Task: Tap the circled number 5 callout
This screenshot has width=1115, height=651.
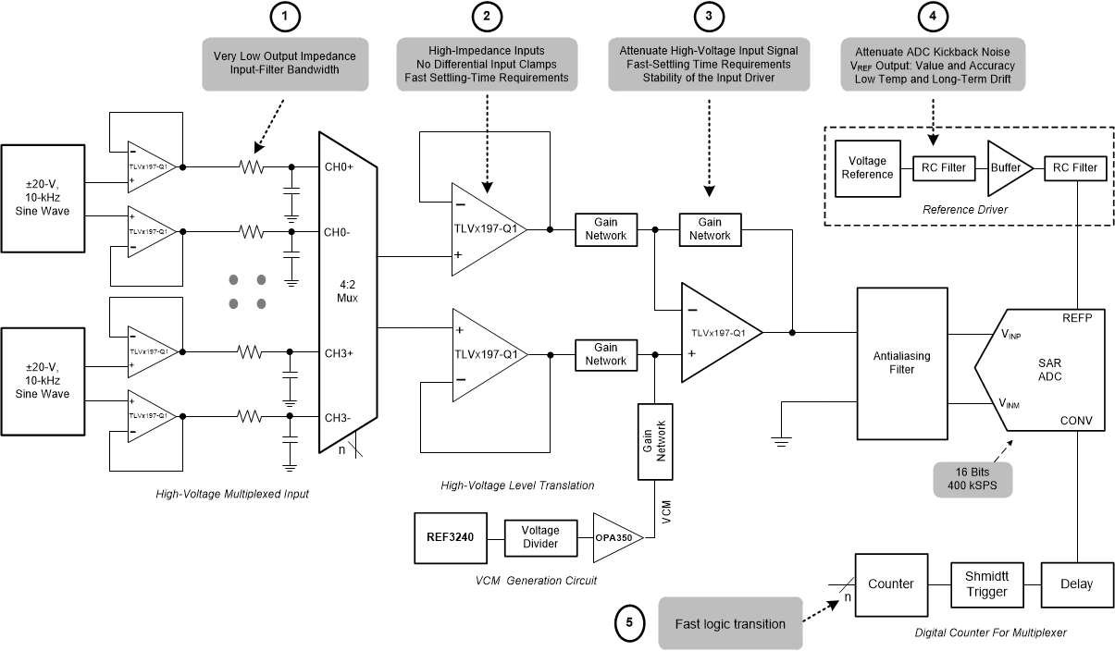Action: pyautogui.click(x=630, y=622)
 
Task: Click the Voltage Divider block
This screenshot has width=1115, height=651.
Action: pyautogui.click(x=540, y=536)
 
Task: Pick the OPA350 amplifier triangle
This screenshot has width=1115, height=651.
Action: pyautogui.click(x=614, y=536)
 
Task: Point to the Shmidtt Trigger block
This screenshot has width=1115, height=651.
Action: pyautogui.click(x=986, y=583)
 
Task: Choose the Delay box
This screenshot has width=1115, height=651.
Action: pyautogui.click(x=1075, y=583)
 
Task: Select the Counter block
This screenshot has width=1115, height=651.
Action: pyautogui.click(x=890, y=583)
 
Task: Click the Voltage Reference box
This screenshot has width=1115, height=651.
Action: pyautogui.click(x=867, y=167)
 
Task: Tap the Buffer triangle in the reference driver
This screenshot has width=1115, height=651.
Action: pyautogui.click(x=1003, y=168)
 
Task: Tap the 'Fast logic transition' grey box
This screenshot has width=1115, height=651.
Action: pyautogui.click(x=730, y=623)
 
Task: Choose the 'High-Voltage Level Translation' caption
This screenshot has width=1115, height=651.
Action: pyautogui.click(x=517, y=485)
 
